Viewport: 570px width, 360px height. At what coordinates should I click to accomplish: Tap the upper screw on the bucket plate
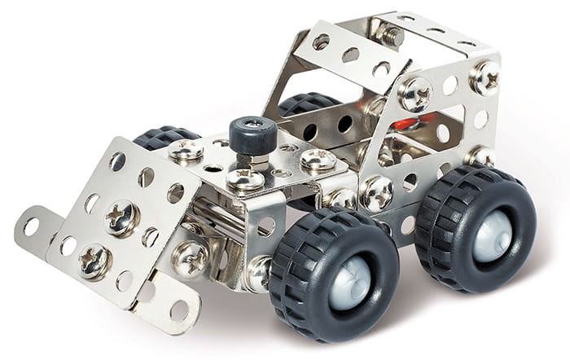click(123, 216)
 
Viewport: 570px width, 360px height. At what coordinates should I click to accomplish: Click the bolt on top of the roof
click(388, 33)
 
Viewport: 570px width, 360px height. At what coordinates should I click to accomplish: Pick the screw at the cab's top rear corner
click(485, 77)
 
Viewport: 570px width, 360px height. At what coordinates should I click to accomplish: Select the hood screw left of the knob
click(186, 150)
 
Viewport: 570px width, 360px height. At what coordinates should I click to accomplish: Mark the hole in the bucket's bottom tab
click(179, 310)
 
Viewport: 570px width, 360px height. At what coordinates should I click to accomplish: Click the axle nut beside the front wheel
click(258, 272)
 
